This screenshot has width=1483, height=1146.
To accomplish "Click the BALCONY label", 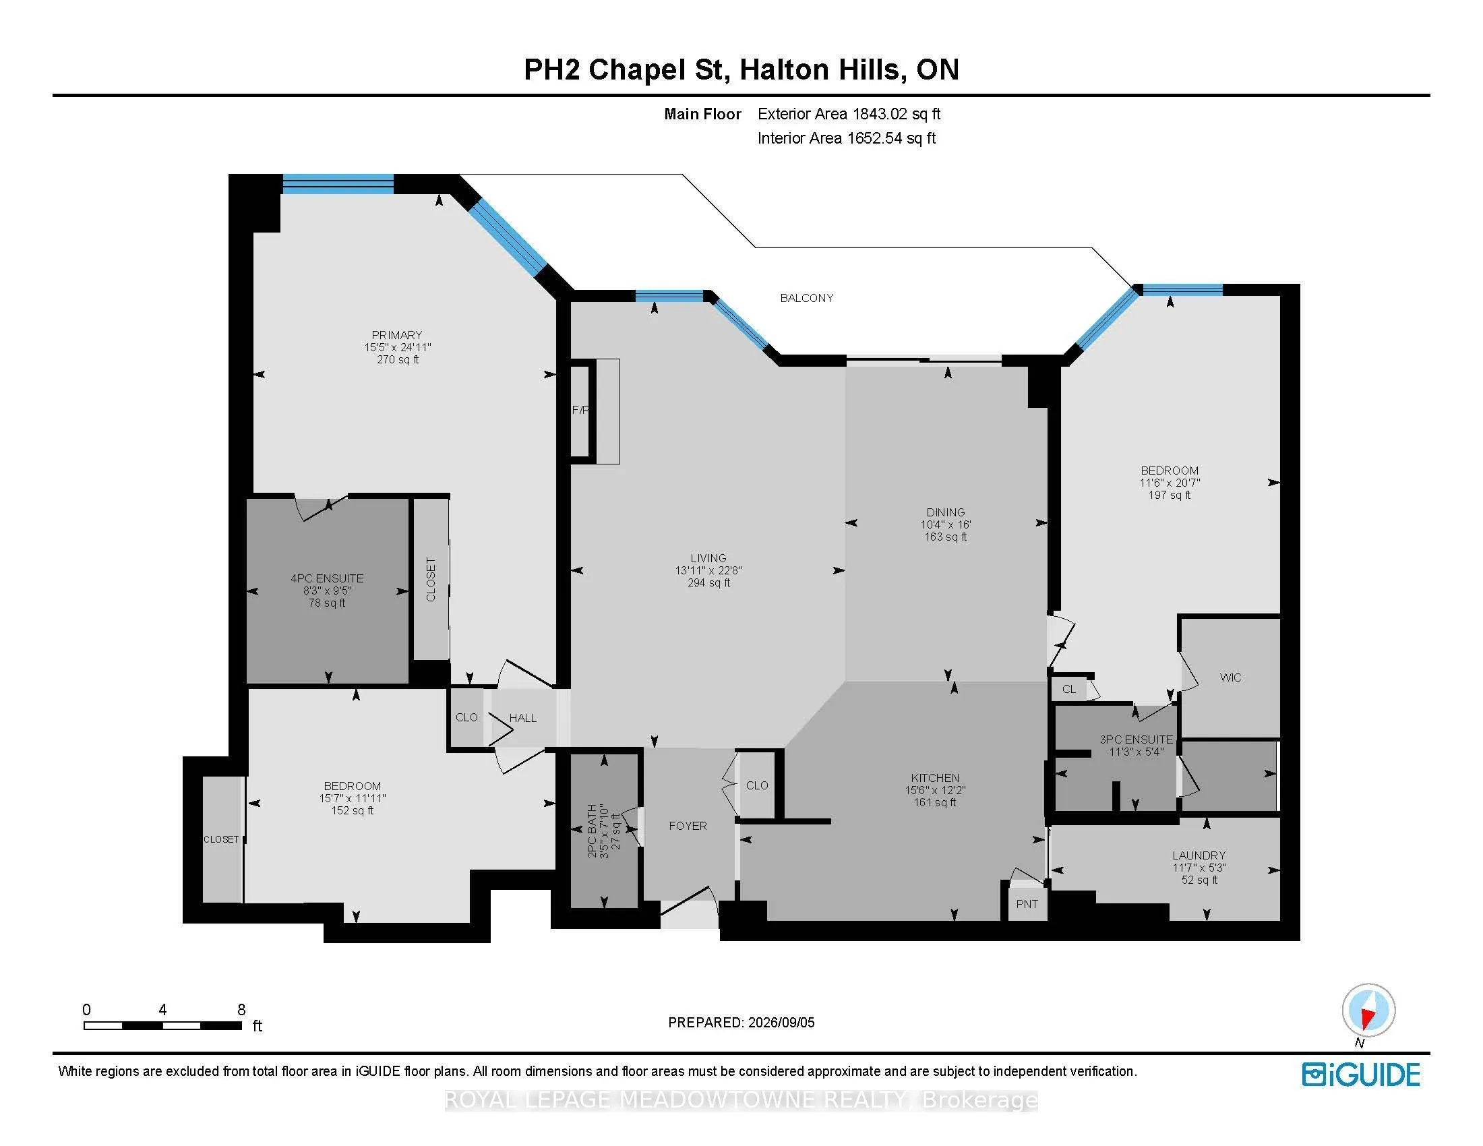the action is [x=807, y=298].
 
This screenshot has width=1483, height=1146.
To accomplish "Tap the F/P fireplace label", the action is [x=580, y=410].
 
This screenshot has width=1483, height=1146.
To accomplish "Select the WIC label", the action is [x=1230, y=677].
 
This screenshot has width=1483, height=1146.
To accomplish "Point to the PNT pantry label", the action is [x=1027, y=904].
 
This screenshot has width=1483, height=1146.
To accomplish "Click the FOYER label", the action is [x=688, y=826].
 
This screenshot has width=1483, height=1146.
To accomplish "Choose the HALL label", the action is [x=523, y=719].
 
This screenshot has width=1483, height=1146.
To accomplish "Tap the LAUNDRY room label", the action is [x=1199, y=855].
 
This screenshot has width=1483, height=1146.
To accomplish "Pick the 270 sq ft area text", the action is [x=398, y=360].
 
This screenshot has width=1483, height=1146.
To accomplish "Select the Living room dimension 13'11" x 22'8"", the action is [x=708, y=570].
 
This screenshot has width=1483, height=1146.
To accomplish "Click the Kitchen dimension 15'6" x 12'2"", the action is [x=935, y=790].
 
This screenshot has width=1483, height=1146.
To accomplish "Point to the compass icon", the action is [x=1368, y=1011].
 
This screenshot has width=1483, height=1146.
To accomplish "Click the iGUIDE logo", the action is [x=1361, y=1075].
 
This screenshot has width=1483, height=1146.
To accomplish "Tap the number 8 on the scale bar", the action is [x=241, y=1010].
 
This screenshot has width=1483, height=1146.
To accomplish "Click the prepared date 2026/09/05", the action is [x=780, y=1023].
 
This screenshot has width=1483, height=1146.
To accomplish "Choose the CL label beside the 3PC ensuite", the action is [x=1069, y=690].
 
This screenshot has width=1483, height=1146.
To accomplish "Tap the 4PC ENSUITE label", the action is [x=328, y=578].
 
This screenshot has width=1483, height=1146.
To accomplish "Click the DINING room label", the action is [x=945, y=512].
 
